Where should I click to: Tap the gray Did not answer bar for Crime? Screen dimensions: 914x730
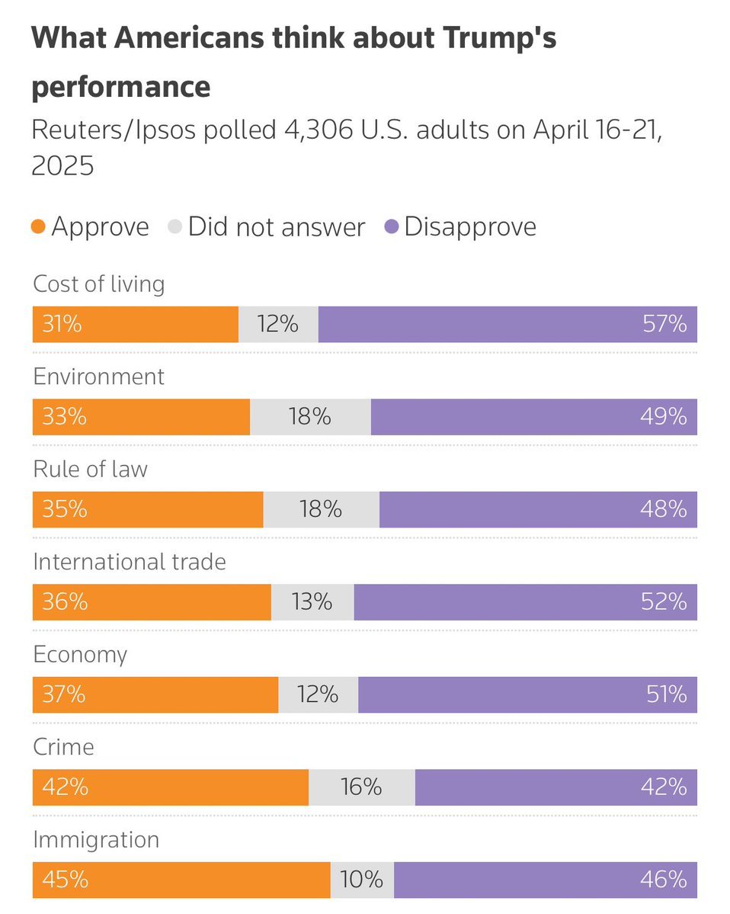(x=362, y=787)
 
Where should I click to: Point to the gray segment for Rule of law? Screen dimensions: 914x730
(x=321, y=509)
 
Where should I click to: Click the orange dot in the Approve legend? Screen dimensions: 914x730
(x=39, y=227)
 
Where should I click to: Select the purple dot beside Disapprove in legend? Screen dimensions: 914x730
(x=392, y=227)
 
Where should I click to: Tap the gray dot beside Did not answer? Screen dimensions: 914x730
(x=175, y=227)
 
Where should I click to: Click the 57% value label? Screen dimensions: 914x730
(x=665, y=325)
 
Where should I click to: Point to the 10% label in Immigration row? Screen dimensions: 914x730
(x=362, y=880)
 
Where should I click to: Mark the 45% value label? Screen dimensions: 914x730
(x=60, y=880)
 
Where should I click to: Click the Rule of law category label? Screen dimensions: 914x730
(x=90, y=470)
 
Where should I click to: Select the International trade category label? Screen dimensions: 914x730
(x=130, y=563)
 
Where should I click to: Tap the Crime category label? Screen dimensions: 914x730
(x=63, y=747)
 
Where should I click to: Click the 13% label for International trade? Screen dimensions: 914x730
(x=312, y=602)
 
